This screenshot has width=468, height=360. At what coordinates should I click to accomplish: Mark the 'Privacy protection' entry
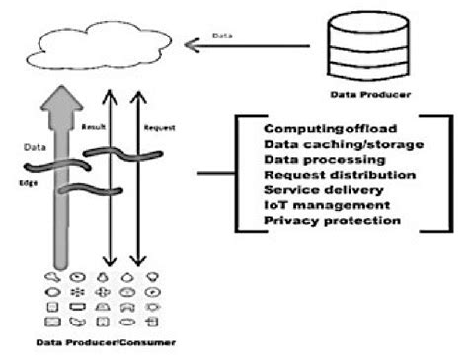click(x=320, y=220)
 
